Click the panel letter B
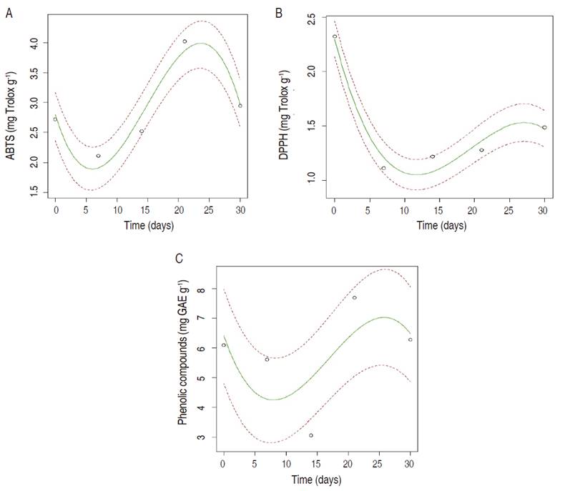289,11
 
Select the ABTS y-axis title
12,112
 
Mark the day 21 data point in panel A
185,41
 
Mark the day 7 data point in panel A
99,156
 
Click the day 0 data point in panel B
335,36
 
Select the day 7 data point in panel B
383,168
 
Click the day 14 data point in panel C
311,435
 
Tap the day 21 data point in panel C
354,297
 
